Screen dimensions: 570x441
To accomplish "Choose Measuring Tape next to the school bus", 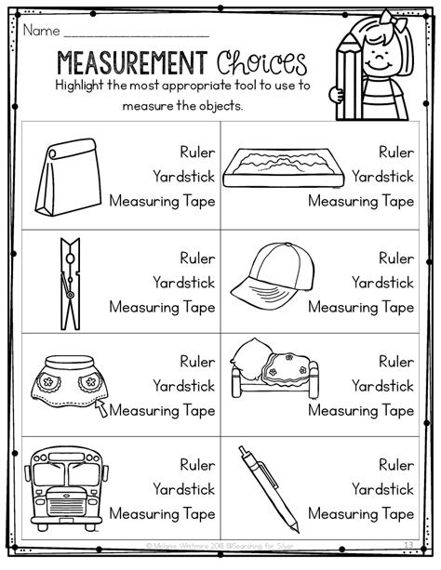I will pyautogui.click(x=162, y=513).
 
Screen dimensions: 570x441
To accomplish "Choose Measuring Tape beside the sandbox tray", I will pyautogui.click(x=361, y=201).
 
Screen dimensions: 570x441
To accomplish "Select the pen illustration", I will pyautogui.click(x=267, y=485).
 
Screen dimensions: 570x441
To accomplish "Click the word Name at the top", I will pyautogui.click(x=41, y=30).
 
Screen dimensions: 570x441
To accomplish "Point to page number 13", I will pyautogui.click(x=409, y=556).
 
